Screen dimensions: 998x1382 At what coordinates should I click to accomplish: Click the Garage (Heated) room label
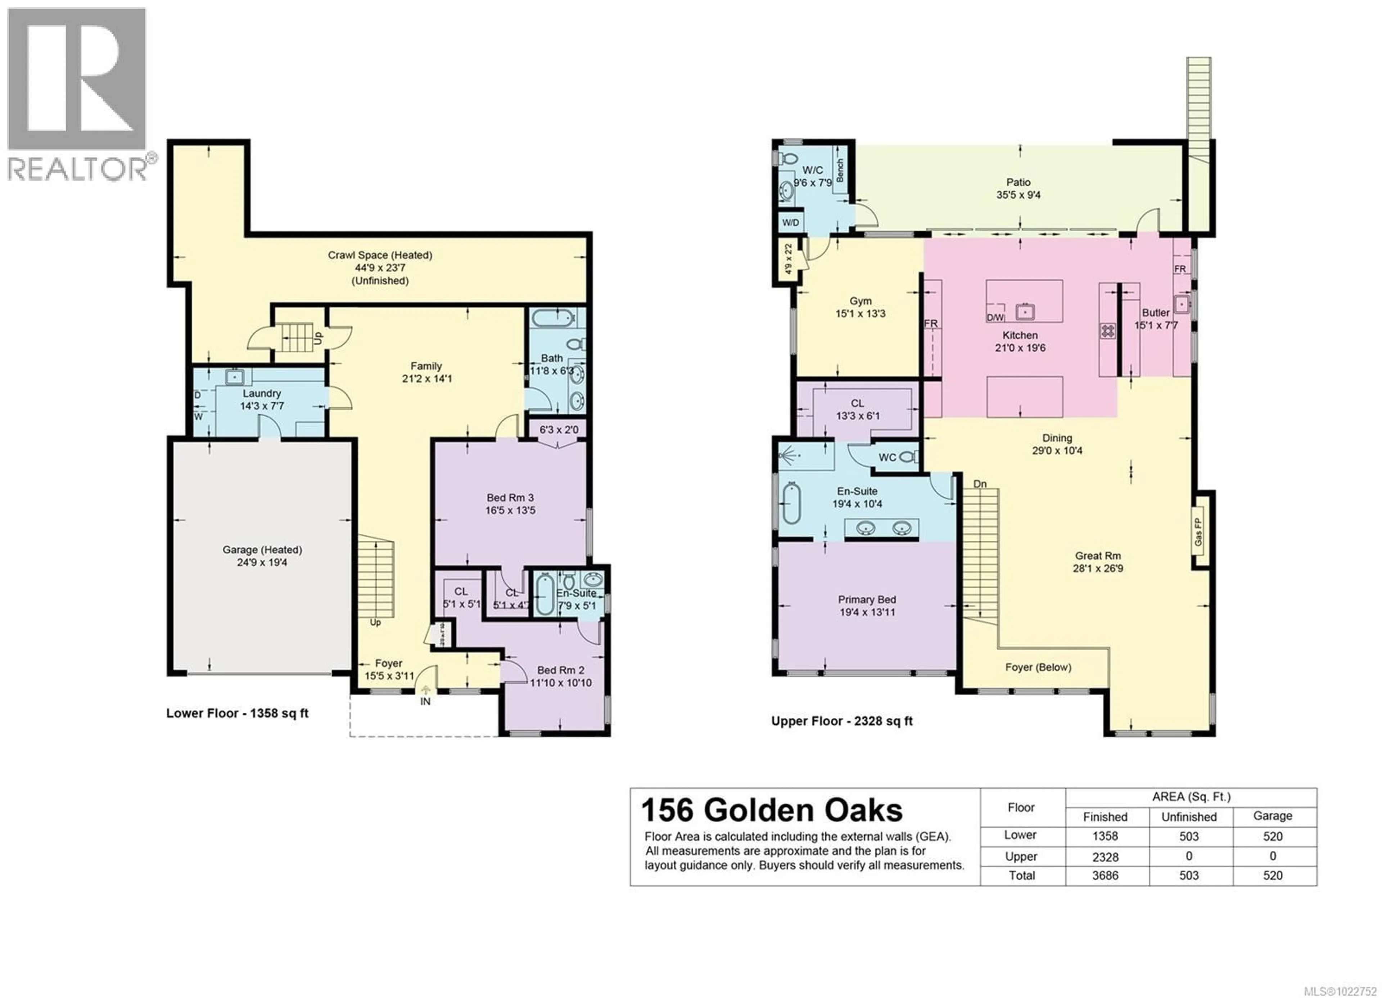[262, 549]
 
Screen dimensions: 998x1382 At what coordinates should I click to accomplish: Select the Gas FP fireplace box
[1198, 532]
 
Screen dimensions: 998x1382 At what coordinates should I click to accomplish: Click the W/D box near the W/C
[790, 222]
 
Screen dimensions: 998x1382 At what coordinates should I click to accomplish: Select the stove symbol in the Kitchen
[1107, 331]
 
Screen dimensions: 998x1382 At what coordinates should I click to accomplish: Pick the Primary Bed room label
[867, 599]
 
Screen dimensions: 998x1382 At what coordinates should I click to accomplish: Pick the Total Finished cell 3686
[1105, 876]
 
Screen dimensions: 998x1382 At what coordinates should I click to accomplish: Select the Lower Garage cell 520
[1272, 836]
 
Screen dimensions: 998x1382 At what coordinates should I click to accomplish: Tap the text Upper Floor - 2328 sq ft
[841, 721]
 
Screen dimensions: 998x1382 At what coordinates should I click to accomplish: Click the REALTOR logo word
[78, 169]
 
